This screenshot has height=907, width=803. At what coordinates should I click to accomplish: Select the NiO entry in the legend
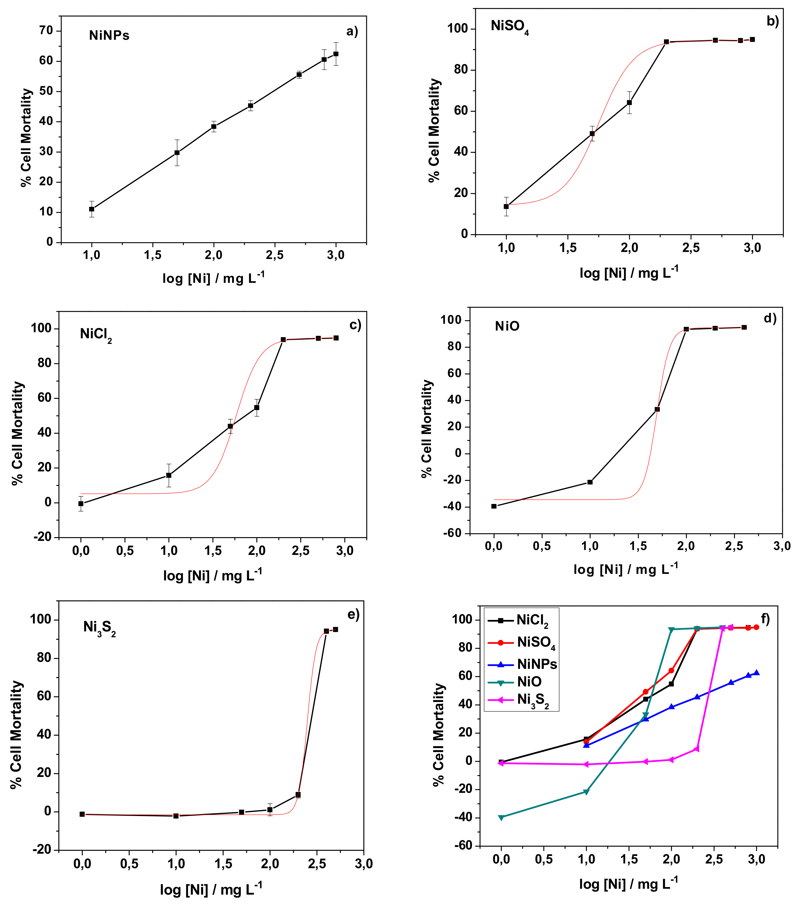529,681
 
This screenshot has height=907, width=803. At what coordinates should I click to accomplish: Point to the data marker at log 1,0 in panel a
91,209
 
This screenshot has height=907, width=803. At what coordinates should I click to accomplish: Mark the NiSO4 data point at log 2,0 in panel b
629,102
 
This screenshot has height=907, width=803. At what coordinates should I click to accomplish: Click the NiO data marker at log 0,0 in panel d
494,506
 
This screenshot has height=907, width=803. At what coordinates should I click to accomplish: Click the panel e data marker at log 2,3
298,795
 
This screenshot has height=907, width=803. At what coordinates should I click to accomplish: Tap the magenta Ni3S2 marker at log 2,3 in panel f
697,749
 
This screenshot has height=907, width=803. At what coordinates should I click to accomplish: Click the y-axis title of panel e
16,735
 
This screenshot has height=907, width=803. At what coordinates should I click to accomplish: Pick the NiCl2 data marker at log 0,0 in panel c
81,504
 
